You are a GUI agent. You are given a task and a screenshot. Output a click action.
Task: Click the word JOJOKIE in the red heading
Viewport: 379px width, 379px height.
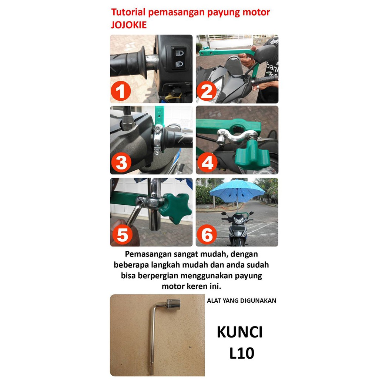(128, 25)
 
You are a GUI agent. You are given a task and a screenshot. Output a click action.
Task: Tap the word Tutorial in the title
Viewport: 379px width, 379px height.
(128, 12)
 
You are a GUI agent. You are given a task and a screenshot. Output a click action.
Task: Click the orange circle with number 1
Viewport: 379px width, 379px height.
(121, 91)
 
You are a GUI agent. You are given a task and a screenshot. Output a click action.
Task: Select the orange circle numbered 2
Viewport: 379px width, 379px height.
(207, 91)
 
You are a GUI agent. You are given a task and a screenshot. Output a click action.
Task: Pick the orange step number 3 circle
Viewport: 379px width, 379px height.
(121, 162)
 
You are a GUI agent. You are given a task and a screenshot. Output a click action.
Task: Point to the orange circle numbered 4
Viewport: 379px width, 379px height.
(207, 162)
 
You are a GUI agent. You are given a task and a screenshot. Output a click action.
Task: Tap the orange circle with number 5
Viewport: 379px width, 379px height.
(123, 234)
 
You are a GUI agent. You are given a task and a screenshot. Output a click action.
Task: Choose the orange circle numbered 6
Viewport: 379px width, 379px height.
(207, 235)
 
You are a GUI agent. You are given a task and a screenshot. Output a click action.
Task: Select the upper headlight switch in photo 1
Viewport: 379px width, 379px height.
(179, 53)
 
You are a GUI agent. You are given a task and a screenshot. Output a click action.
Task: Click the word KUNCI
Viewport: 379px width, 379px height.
(239, 332)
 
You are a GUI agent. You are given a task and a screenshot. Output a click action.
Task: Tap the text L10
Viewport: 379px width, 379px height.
(242, 353)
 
